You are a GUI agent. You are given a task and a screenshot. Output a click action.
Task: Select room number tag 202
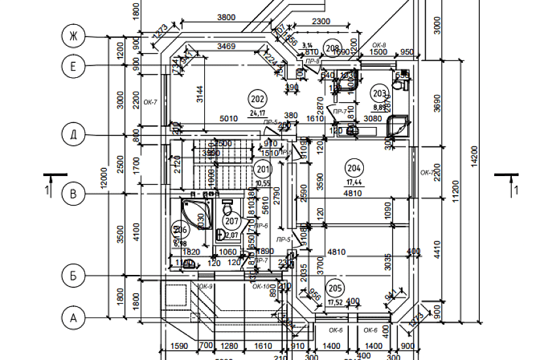pos(257,99)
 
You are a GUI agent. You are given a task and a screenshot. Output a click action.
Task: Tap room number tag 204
pos(353,168)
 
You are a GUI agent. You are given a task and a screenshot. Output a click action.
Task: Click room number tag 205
pos(335,288)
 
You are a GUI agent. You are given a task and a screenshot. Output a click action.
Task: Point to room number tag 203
pos(380,92)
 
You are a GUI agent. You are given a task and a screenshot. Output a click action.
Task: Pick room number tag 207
pos(231,221)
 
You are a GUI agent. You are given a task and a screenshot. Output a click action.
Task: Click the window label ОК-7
pos(151,101)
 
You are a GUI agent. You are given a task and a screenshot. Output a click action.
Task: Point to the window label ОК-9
pos(205,287)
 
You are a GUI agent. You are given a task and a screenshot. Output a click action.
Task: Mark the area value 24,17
pos(257,112)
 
